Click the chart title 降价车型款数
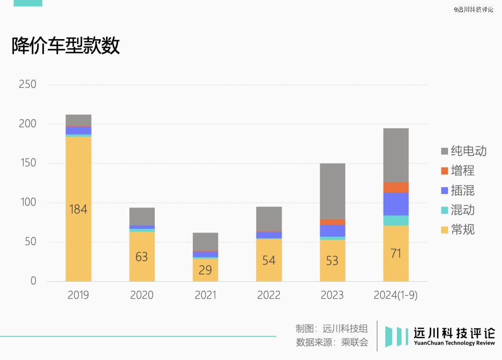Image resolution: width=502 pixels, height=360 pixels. click(66, 46)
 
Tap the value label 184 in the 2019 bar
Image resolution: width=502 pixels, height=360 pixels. click(78, 209)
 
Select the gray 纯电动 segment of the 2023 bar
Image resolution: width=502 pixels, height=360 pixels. click(332, 191)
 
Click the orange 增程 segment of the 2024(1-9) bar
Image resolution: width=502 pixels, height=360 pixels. click(396, 187)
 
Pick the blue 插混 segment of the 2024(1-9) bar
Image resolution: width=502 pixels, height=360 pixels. click(396, 204)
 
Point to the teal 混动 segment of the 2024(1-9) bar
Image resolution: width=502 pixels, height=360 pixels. click(396, 220)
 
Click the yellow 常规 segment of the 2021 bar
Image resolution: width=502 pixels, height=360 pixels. click(205, 270)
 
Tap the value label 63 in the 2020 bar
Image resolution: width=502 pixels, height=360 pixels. click(141, 257)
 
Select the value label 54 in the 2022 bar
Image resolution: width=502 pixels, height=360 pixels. click(269, 260)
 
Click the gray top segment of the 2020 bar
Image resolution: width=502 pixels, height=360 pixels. click(142, 216)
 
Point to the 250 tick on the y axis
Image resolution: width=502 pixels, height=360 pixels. click(27, 85)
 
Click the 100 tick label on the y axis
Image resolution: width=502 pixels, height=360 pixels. click(27, 203)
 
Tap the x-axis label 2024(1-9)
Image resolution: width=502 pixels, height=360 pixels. click(396, 295)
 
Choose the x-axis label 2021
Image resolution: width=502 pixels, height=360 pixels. click(205, 295)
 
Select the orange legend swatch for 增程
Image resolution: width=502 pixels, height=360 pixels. click(444, 171)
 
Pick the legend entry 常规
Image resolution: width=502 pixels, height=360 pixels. click(462, 229)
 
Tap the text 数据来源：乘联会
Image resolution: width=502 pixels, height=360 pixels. click(332, 343)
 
